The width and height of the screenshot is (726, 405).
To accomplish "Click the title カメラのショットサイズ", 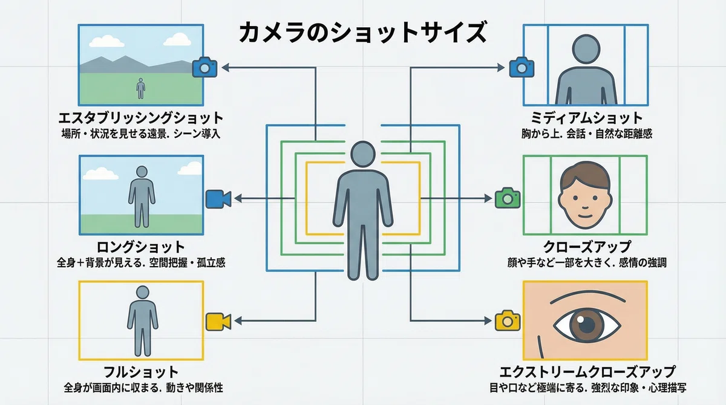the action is point(363,33).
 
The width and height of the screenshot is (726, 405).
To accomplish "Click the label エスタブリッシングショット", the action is point(141,118).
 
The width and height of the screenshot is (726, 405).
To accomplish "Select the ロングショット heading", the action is point(141,247).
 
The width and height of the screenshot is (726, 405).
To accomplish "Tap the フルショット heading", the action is point(141,372).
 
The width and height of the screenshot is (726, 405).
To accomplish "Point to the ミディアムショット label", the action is point(587,118).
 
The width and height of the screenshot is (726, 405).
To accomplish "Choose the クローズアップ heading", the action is point(587,247).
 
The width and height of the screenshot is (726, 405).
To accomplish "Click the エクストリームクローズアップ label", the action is point(587,372).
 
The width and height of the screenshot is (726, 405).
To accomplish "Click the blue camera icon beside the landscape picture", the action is point(204,67).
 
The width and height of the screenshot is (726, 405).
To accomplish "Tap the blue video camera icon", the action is point(218,199).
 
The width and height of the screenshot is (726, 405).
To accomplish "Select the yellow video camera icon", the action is point(218,322).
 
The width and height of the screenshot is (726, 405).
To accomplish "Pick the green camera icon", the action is point(508,198).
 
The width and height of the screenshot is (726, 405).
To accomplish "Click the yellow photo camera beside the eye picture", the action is point(508,320).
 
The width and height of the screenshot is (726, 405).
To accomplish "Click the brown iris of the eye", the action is point(587,325).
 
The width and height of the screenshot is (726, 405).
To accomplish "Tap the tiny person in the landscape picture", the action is point(140,88).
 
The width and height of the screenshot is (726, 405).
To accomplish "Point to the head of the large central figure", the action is point(363,154).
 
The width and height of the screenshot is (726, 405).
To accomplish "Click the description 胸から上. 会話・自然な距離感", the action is point(587,134).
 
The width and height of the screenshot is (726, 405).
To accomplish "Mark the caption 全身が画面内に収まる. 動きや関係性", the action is point(143,388).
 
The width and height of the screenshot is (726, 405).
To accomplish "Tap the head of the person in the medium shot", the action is point(586,49).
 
